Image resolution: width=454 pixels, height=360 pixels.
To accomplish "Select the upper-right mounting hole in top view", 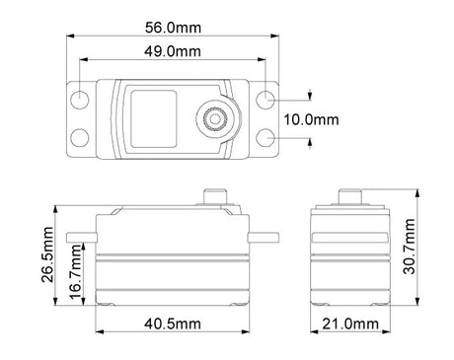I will point(266,100).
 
